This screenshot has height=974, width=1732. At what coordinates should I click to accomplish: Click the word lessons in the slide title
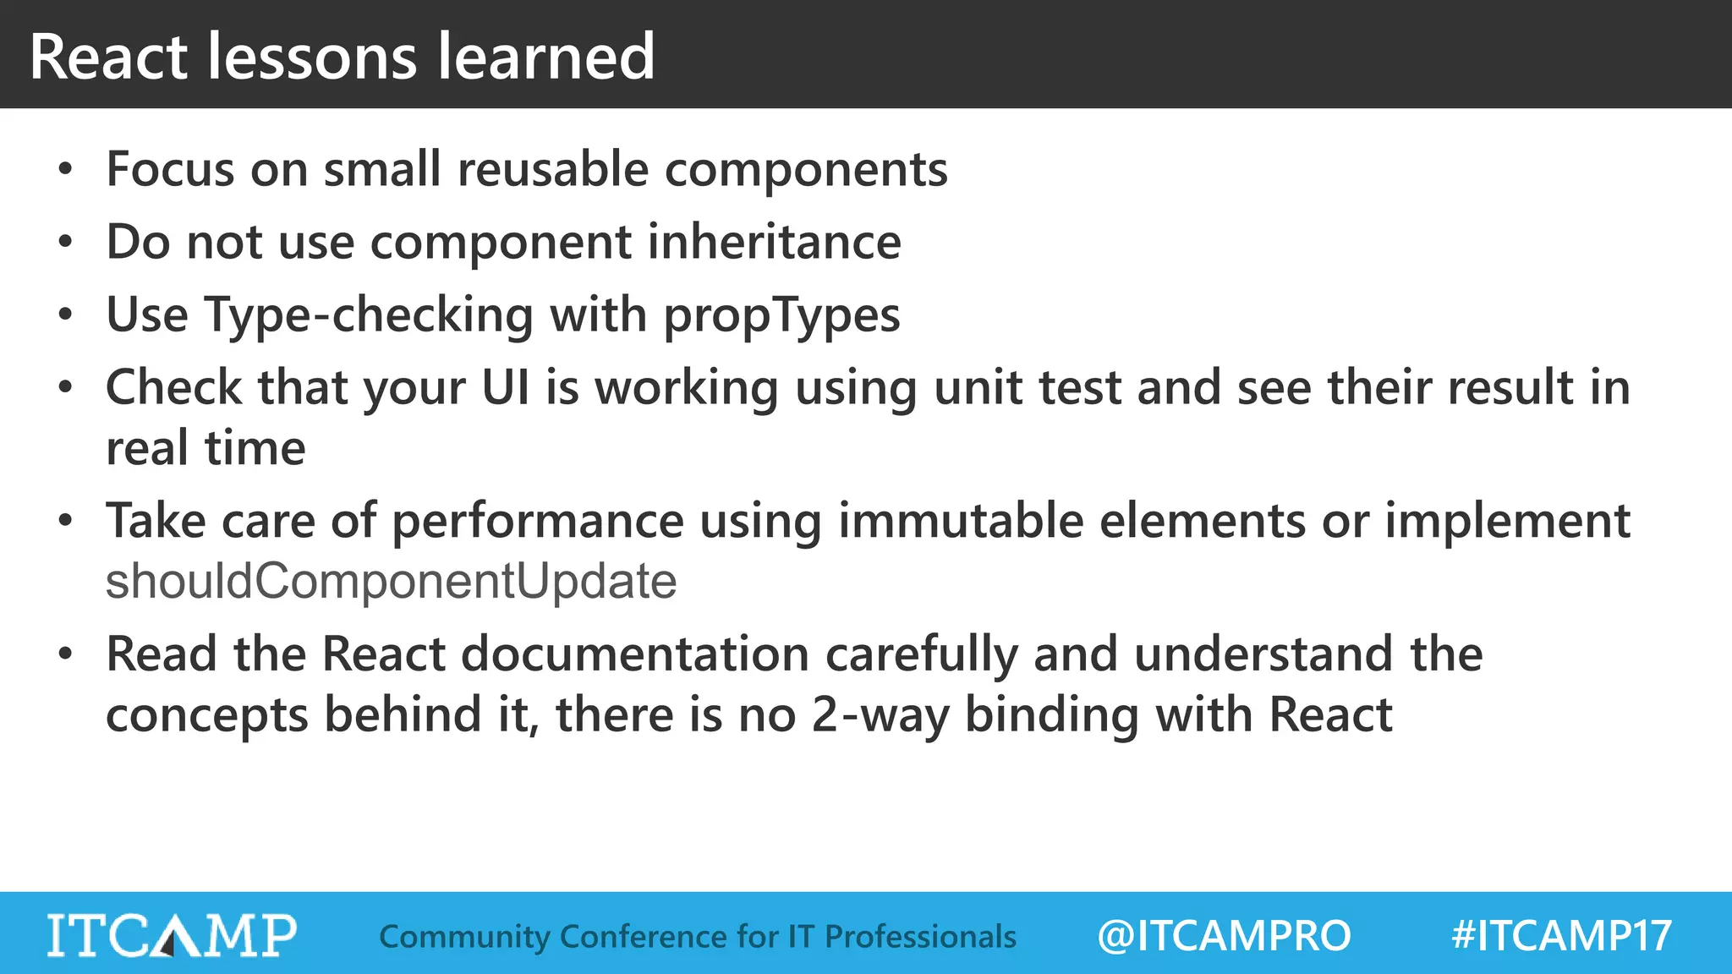tap(312, 57)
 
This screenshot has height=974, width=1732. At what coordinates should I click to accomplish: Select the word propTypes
tap(781, 315)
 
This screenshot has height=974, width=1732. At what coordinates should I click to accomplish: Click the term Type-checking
tap(369, 315)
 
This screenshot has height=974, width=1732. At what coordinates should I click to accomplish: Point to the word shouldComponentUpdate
tap(391, 582)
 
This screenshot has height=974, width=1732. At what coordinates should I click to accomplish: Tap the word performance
tap(537, 521)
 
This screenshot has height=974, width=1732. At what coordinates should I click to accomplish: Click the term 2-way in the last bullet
tap(880, 715)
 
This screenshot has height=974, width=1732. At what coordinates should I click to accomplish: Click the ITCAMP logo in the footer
tap(172, 935)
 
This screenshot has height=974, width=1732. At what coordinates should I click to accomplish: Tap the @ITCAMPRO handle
tap(1224, 936)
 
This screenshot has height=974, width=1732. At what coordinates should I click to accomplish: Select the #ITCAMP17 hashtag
tap(1561, 936)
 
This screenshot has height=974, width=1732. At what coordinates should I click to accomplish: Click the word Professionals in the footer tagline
tap(920, 937)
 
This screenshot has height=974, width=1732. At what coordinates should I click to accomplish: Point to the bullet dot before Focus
tap(66, 170)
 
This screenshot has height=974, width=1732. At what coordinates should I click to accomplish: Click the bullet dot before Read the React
tap(66, 654)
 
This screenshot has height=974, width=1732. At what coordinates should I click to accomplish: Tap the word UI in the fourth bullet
tap(506, 388)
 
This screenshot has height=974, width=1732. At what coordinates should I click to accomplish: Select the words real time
tap(206, 448)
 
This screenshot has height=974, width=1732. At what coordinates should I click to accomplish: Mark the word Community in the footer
tap(464, 937)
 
